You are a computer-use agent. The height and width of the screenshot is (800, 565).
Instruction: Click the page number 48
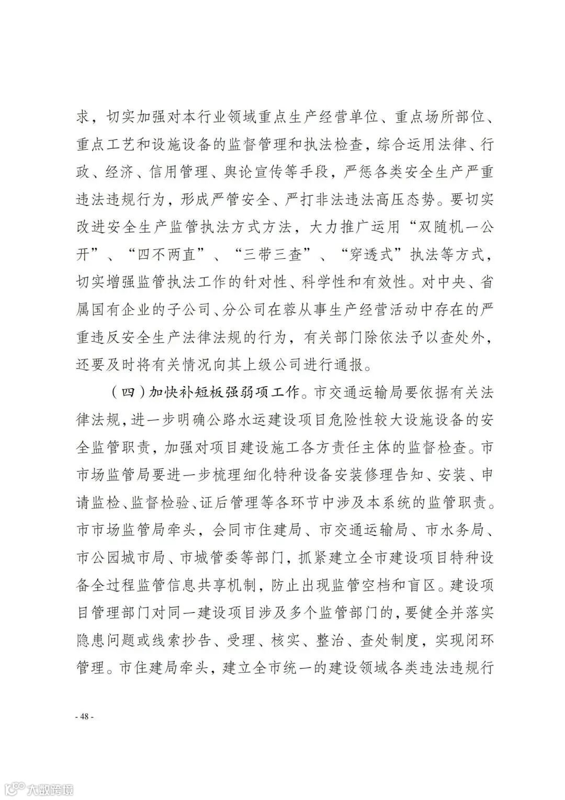(x=84, y=717)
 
